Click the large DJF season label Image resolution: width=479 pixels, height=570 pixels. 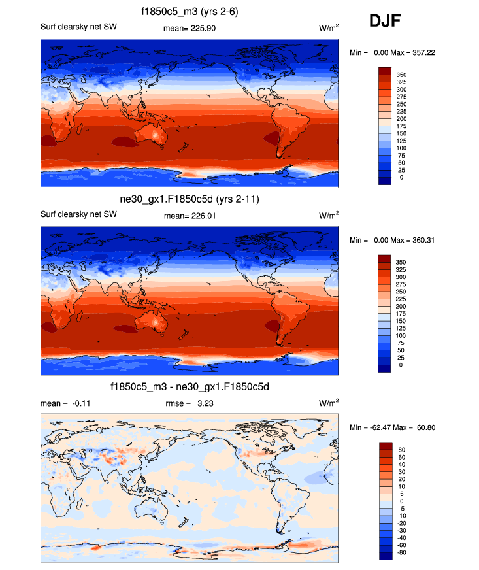(385, 22)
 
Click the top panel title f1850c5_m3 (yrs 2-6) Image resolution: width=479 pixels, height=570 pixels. (190, 11)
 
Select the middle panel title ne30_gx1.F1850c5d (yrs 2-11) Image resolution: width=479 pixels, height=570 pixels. (190, 199)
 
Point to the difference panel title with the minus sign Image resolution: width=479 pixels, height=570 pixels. (190, 388)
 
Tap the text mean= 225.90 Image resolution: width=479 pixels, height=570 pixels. (190, 29)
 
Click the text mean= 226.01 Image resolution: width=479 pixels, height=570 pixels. (190, 215)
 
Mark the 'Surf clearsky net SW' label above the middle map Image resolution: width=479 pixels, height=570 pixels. (78, 214)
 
